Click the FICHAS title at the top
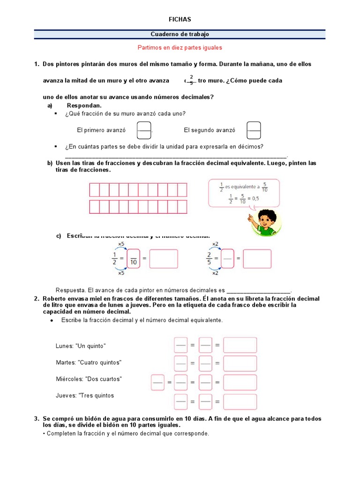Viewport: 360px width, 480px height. click(x=180, y=19)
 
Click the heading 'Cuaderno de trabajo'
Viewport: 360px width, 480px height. click(x=180, y=34)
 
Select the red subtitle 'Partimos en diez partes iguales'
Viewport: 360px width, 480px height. click(x=180, y=48)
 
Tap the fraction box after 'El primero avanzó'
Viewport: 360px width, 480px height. click(x=144, y=130)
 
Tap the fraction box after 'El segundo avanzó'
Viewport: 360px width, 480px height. click(x=254, y=130)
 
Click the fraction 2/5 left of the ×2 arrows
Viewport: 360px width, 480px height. click(x=209, y=258)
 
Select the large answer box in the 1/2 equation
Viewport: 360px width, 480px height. click(x=164, y=259)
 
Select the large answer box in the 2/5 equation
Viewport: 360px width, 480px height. click(x=257, y=259)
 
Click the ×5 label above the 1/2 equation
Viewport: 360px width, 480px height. click(x=121, y=244)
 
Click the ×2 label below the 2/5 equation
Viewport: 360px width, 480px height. click(x=215, y=273)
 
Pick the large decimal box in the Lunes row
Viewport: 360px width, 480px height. click(x=240, y=345)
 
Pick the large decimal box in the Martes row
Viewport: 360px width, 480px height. click(x=240, y=363)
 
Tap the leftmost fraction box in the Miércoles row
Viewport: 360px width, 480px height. click(x=157, y=382)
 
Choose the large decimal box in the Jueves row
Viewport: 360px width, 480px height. click(x=240, y=402)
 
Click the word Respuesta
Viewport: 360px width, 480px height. click(x=69, y=290)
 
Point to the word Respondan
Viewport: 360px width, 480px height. click(x=84, y=105)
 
